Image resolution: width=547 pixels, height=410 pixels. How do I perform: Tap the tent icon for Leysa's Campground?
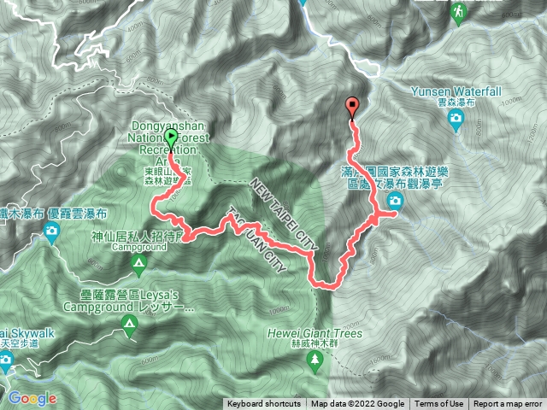[129, 324]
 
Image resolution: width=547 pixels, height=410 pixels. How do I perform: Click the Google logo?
[32, 398]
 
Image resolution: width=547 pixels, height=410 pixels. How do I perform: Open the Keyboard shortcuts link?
[263, 404]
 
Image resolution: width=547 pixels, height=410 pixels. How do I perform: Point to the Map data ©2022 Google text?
[357, 404]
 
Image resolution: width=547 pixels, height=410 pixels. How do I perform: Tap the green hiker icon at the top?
[459, 11]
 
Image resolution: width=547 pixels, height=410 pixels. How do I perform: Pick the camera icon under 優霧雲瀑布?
[53, 231]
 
